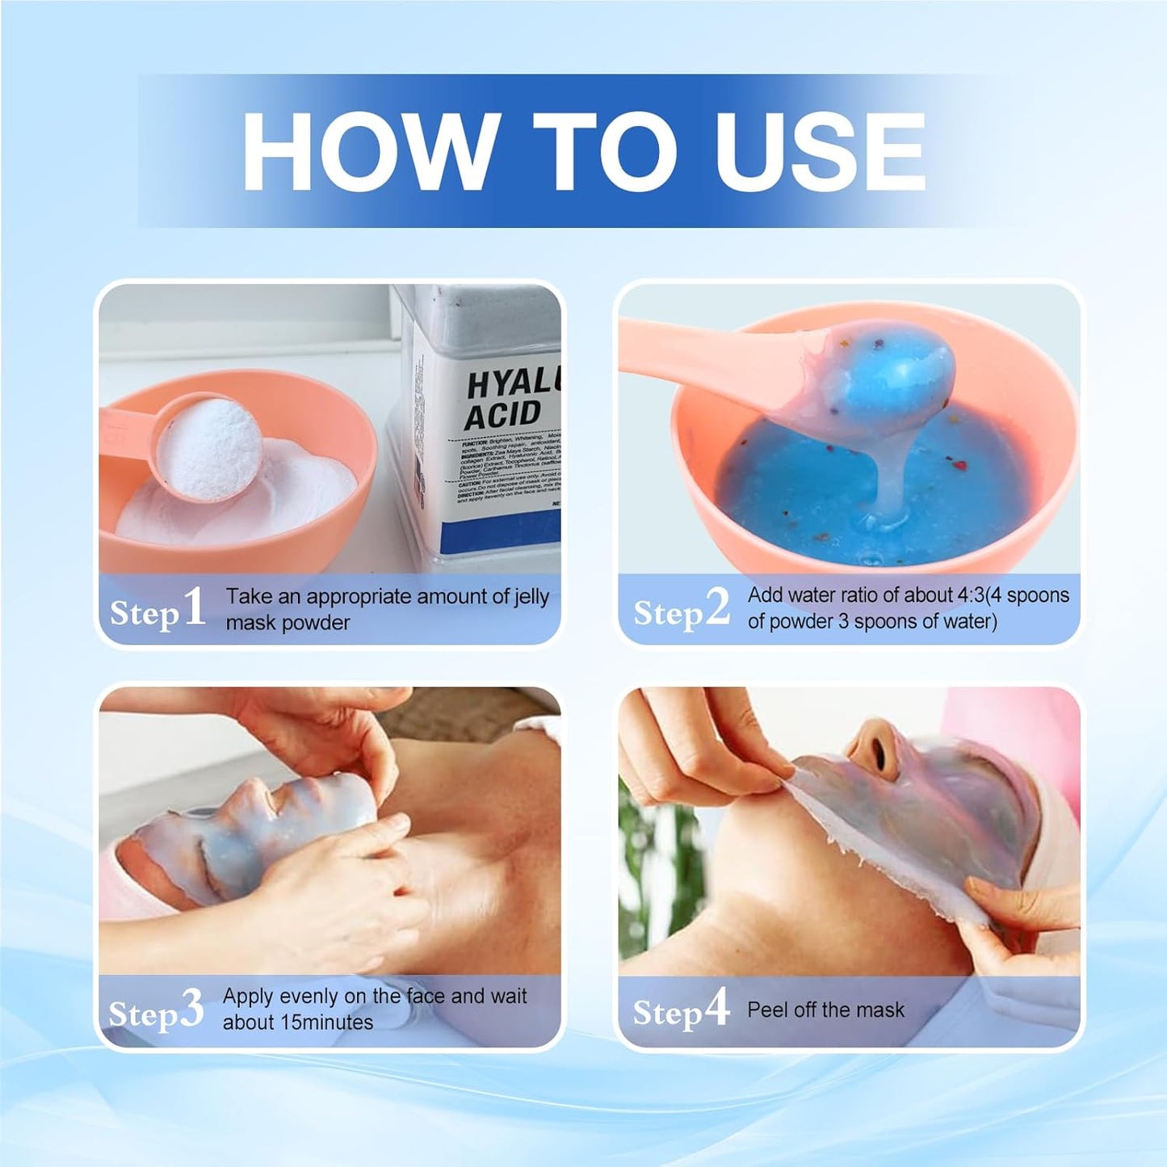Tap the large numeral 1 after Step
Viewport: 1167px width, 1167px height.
[194, 607]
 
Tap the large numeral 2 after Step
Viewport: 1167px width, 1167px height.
[717, 607]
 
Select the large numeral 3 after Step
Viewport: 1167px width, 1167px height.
[191, 1010]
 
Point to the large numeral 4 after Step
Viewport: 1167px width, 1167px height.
[716, 1008]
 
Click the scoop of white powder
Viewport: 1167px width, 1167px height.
[210, 444]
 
